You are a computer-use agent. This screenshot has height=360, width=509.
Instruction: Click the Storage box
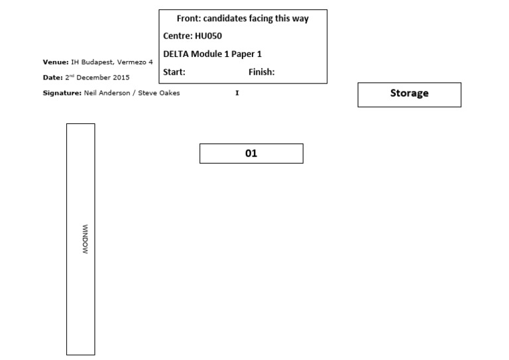409,94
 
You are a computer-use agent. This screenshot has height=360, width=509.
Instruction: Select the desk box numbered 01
251,153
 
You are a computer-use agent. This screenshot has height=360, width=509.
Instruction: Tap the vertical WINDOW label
85,240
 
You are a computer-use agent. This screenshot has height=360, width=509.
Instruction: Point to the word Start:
174,72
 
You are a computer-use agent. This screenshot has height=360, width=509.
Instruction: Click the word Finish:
261,72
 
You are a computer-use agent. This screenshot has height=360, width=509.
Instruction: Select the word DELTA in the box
178,54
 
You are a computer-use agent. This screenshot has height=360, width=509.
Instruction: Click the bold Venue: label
55,62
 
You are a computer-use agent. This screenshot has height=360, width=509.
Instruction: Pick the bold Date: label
52,78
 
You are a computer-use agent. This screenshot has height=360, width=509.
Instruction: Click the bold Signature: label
62,93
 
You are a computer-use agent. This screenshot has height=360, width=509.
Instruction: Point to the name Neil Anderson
106,93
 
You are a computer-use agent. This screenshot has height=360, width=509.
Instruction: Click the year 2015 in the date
121,78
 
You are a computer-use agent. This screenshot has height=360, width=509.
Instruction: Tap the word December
94,78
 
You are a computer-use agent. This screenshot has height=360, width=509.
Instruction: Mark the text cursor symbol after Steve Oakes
237,93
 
